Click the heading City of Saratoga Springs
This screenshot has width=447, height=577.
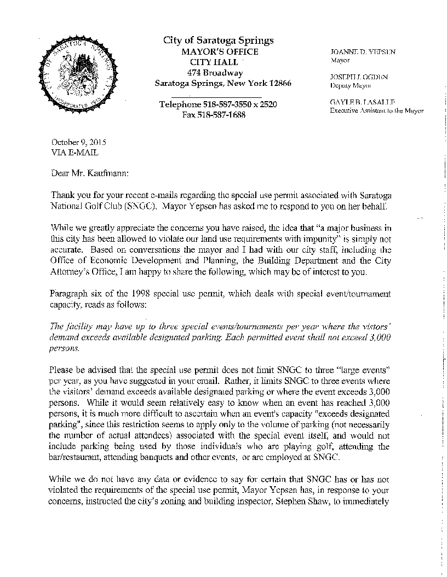pos(219,40)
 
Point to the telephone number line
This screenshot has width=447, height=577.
pos(218,104)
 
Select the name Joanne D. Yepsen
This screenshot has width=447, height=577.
pos(362,51)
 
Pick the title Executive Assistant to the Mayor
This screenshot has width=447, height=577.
pos(377,110)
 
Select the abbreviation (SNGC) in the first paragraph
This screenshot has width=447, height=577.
pos(148,207)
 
